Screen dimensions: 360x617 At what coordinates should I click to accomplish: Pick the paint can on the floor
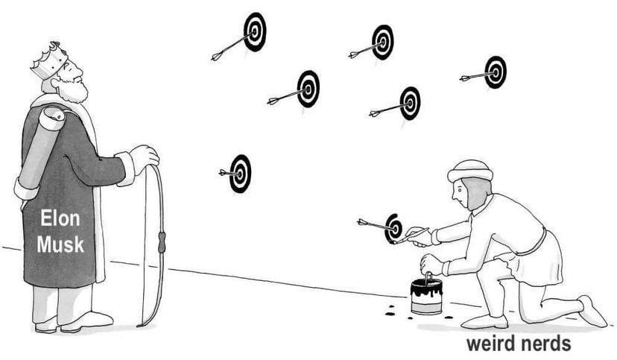[426, 296]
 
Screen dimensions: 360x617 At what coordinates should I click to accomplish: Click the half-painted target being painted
[393, 227]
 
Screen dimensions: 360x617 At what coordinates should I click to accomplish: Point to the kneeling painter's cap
[469, 171]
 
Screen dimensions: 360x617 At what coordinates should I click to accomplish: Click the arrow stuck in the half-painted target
[372, 223]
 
